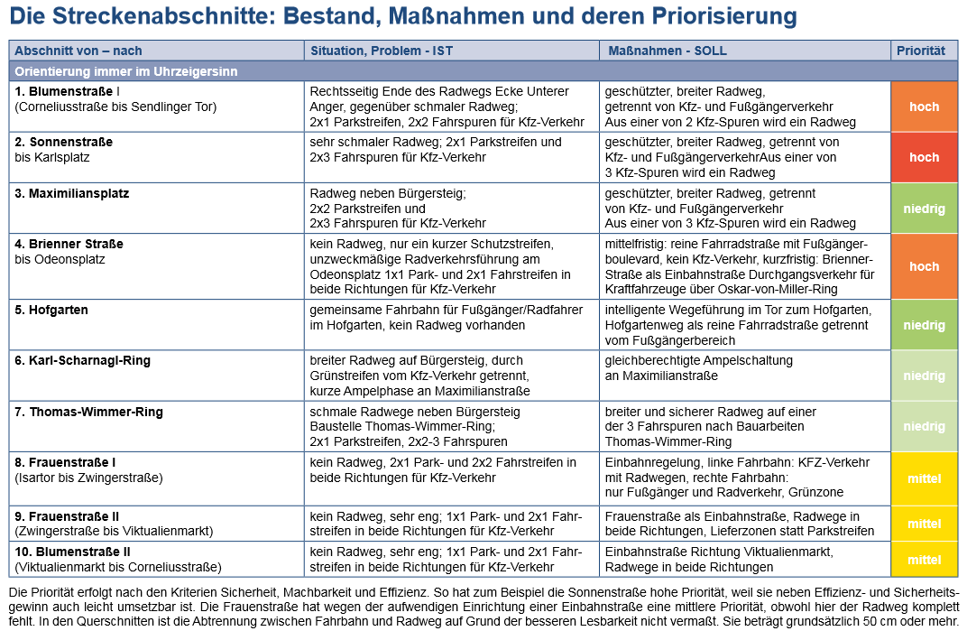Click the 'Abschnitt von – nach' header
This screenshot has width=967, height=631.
78,51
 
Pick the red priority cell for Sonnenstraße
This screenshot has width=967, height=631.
924,157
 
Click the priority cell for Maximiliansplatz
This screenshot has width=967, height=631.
924,209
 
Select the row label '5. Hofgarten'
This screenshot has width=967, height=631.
51,310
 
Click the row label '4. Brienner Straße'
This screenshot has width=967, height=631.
69,244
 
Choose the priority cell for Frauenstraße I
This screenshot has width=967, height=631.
924,478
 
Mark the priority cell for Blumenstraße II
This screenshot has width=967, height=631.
924,560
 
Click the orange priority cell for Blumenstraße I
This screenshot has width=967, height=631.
924,107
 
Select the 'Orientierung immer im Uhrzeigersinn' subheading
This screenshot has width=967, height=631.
125,71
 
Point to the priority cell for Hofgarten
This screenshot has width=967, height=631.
924,325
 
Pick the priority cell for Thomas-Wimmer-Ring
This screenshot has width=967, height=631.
924,426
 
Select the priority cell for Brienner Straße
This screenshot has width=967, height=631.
924,266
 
